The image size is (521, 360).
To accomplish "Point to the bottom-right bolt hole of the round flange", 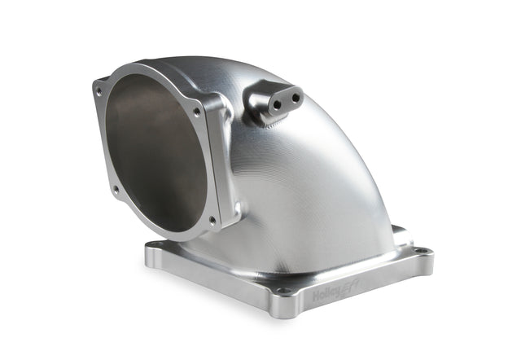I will point(212,219).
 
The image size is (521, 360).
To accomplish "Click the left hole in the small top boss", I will point(276,103).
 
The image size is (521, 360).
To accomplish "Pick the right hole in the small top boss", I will point(294,97).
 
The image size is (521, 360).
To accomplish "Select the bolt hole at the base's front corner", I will point(282,290).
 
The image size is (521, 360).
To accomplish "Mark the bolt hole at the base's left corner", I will point(155,245).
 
